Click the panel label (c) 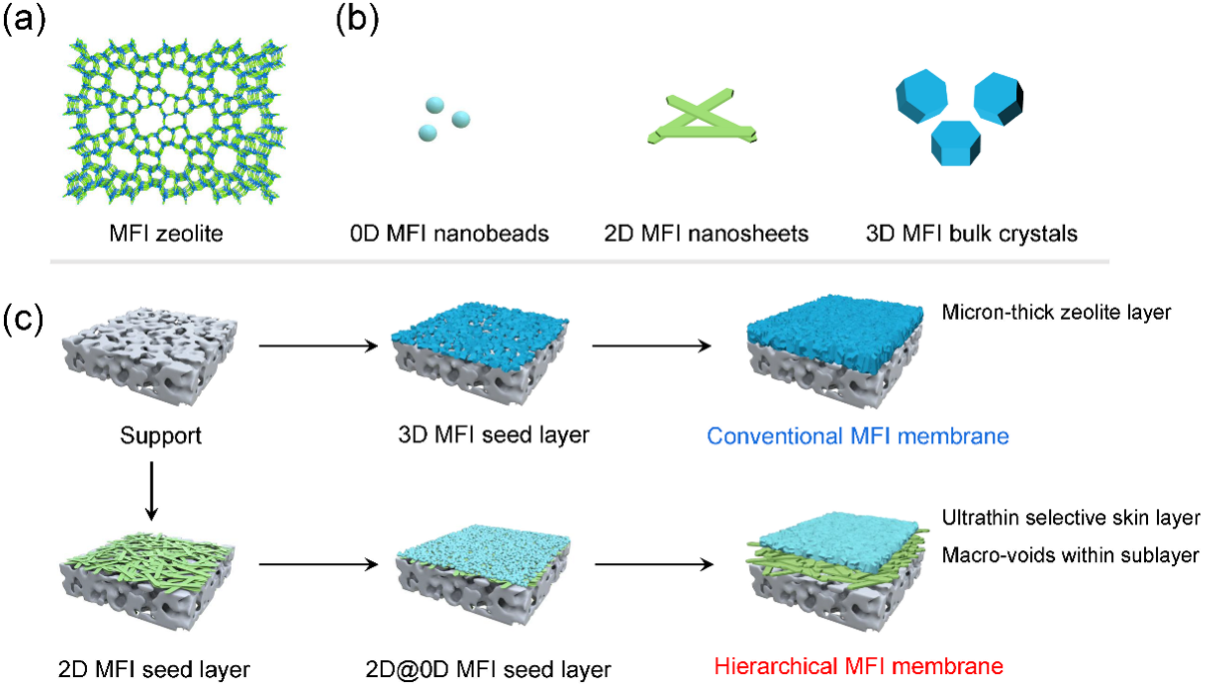24,317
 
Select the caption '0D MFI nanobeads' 443,236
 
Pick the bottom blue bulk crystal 956,142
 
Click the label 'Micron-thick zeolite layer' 1056,313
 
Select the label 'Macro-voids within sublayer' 1070,555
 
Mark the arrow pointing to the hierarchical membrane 653,564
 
